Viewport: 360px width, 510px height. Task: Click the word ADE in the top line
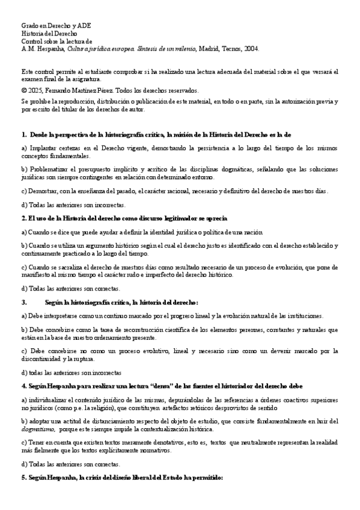[84, 27]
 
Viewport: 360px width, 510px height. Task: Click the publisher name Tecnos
[234, 49]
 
